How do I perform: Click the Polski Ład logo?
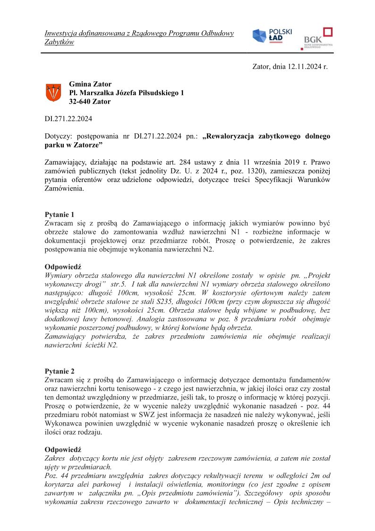(x=272, y=35)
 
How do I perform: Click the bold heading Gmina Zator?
(x=90, y=84)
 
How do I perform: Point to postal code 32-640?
(x=80, y=101)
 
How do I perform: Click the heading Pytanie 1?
(x=60, y=214)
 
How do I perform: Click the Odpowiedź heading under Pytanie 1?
(x=63, y=267)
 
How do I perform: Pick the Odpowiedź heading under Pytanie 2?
(x=63, y=449)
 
